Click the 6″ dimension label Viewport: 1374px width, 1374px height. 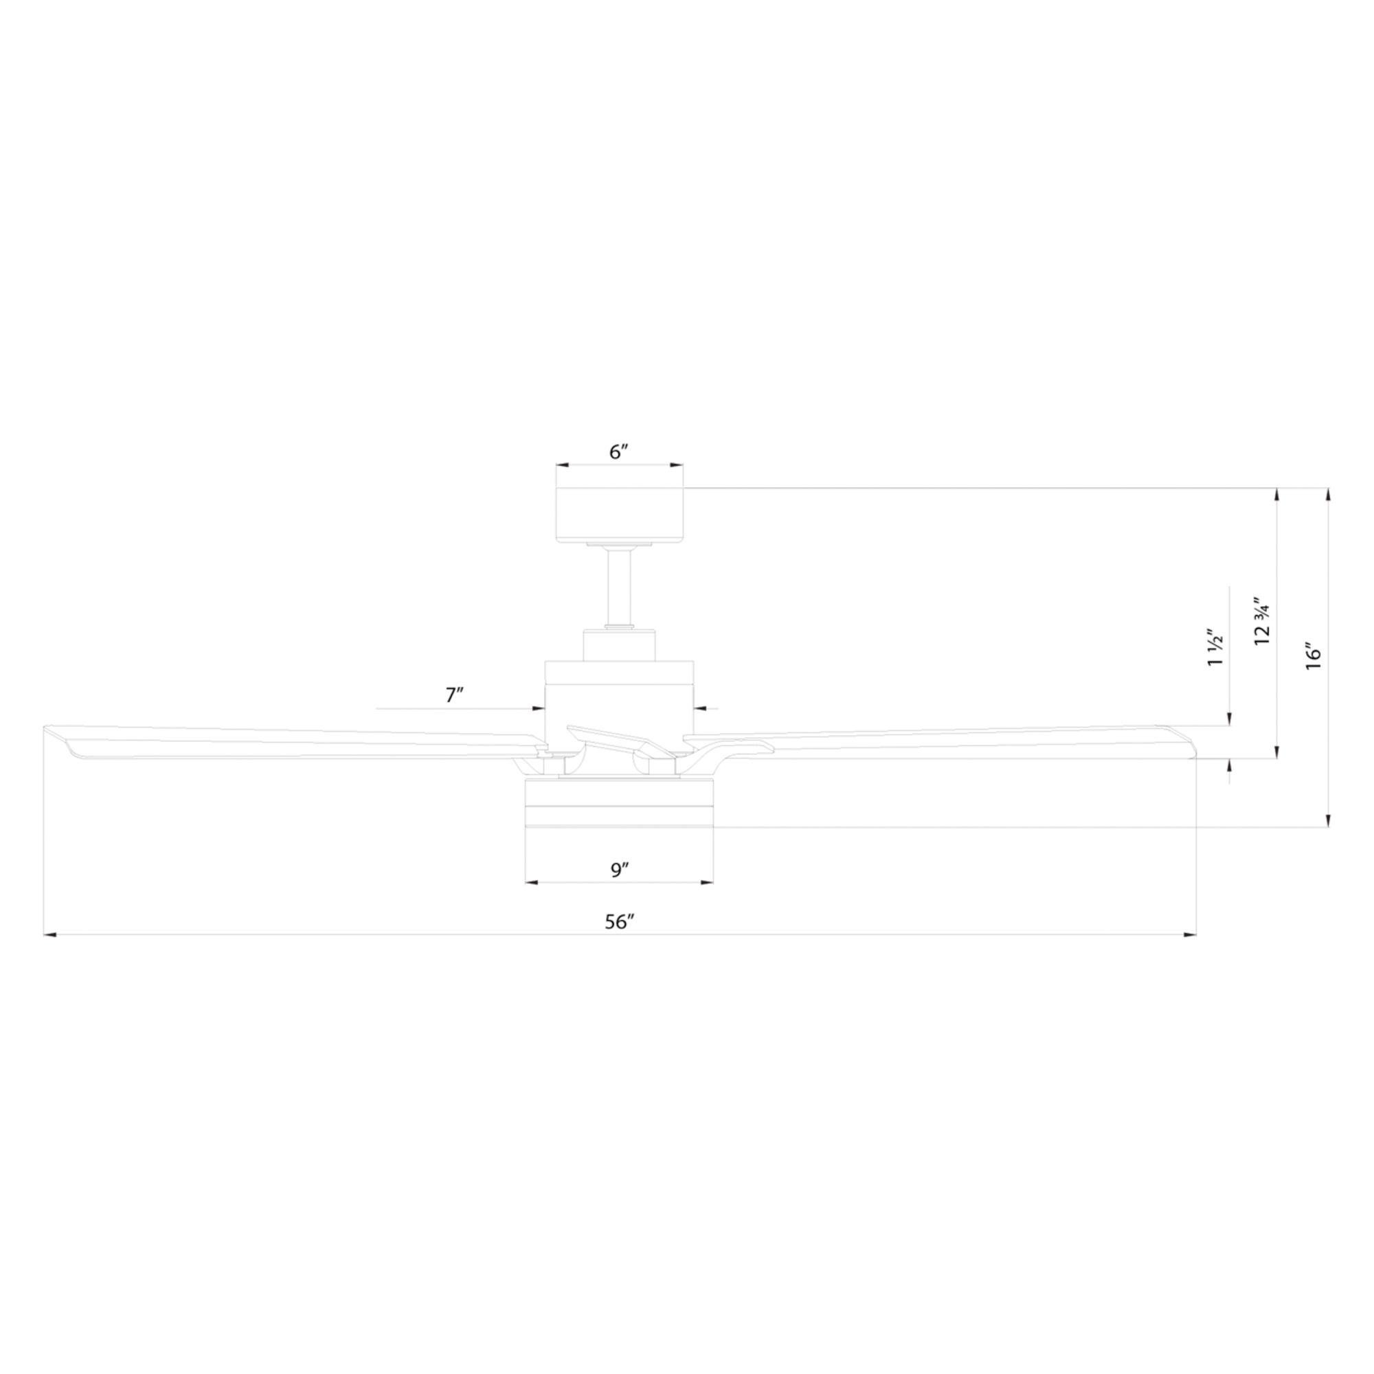(x=619, y=451)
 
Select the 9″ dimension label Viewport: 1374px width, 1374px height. (x=619, y=869)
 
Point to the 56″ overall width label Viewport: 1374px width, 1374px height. (x=619, y=922)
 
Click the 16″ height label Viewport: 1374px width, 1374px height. (x=1313, y=658)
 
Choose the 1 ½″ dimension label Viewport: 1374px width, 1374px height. (x=1215, y=649)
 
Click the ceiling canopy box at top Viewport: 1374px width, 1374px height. (x=619, y=514)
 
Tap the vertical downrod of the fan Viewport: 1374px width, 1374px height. (x=619, y=587)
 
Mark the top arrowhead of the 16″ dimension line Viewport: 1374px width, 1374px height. (x=1327, y=493)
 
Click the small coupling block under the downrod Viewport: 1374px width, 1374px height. (x=619, y=645)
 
